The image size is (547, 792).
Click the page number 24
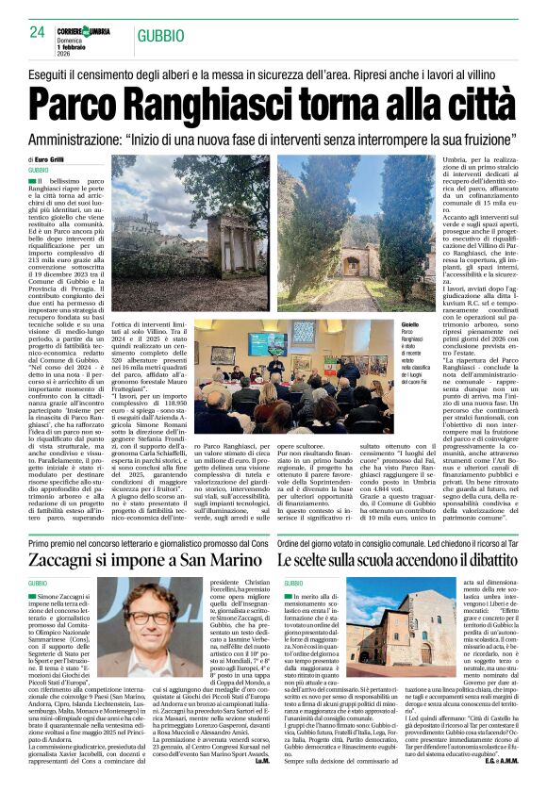(x=38, y=31)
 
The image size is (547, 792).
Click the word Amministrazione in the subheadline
(x=89, y=137)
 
